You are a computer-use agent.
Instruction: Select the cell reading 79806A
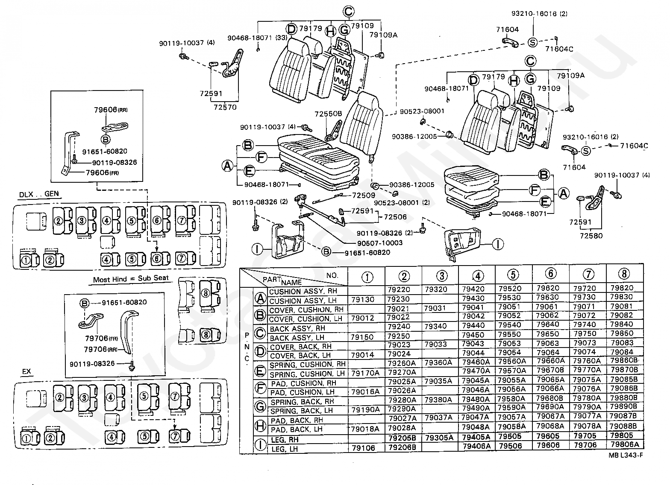coord(625,444)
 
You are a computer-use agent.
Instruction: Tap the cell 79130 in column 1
coord(362,299)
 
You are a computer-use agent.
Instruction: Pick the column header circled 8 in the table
coord(624,274)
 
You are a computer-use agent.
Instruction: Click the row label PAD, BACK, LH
coord(297,429)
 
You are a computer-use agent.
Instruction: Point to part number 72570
coord(225,107)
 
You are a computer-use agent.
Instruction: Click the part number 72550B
coord(328,114)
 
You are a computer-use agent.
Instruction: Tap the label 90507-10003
coord(380,243)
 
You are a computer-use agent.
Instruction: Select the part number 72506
coord(395,217)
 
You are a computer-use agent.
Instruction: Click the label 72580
coord(591,236)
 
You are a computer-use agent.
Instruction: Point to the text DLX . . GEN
coord(39,194)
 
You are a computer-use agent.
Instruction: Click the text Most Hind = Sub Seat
coord(131,279)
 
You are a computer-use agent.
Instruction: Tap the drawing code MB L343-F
coord(626,455)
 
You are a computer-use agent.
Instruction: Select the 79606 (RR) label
coord(111,110)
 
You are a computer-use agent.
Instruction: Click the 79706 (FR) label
coord(101,338)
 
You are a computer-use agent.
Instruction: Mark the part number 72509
coord(363,195)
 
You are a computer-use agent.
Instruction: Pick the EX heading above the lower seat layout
coord(26,371)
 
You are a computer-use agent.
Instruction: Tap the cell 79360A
coord(438,363)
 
